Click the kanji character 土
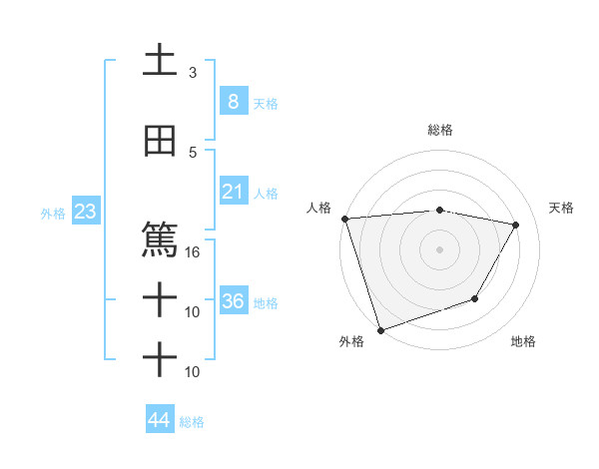point(160,61)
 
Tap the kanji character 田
point(160,142)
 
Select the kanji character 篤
point(160,240)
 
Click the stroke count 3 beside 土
point(193,73)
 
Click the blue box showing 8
point(233,101)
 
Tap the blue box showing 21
point(233,191)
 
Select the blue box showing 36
point(233,301)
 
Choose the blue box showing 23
point(85,212)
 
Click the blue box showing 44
point(159,420)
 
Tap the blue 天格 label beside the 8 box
point(266,103)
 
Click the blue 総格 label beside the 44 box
point(192,422)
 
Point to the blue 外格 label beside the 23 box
point(53,213)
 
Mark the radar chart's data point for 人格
point(344,219)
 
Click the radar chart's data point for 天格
point(516,225)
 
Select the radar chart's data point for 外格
point(379,329)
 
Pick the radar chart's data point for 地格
point(475,298)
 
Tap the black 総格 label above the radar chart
point(440,130)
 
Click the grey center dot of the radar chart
point(440,248)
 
